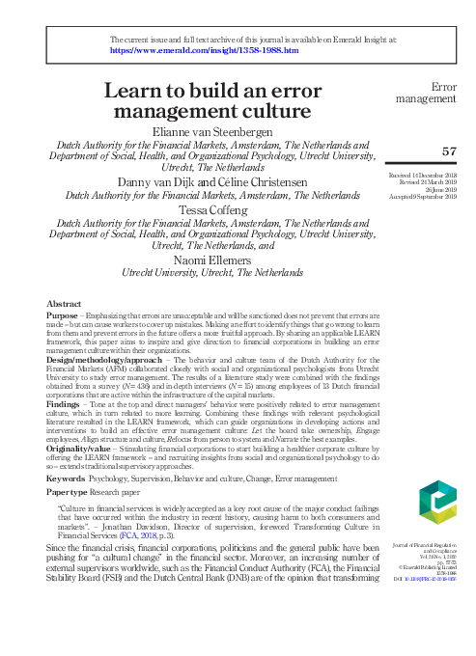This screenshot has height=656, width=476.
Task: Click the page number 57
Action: pos(447,150)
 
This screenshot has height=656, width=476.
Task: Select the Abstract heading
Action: pos(64,303)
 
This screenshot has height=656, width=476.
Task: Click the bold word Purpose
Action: pos(63,314)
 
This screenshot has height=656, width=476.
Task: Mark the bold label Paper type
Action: pos(70,491)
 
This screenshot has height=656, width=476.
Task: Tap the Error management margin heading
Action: pos(432,92)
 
